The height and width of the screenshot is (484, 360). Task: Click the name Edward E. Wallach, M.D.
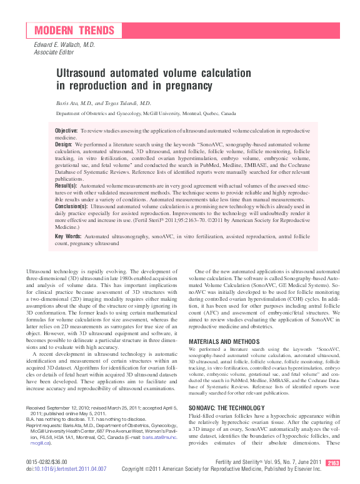[64, 45]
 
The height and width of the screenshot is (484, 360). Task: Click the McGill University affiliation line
[146, 114]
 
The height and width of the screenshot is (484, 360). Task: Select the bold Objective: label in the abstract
[66, 130]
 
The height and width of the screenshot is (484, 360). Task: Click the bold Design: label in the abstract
[64, 144]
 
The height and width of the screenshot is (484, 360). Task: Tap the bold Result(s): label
[66, 186]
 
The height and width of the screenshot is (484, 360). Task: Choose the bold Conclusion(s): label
[71, 205]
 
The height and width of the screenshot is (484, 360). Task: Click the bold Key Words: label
[68, 236]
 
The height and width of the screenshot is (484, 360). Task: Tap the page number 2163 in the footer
[332, 463]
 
